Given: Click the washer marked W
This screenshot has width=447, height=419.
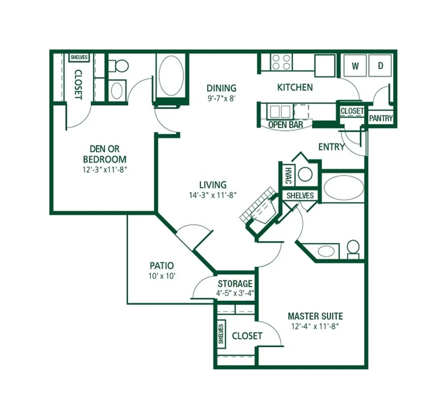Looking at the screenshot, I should click(x=355, y=66).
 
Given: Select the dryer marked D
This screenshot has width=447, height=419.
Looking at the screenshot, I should click(x=380, y=66).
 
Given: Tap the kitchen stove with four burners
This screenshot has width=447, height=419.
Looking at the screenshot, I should click(x=281, y=62).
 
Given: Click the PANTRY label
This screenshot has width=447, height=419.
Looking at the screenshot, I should click(x=381, y=118).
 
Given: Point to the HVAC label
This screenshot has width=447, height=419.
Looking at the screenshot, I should click(x=288, y=175).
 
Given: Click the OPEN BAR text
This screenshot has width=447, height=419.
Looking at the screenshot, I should click(x=285, y=125).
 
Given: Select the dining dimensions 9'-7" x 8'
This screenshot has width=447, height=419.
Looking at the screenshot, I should click(x=222, y=98).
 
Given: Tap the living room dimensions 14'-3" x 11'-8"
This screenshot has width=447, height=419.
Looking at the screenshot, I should click(x=213, y=195).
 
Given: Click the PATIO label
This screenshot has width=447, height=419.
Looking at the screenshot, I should click(x=162, y=266).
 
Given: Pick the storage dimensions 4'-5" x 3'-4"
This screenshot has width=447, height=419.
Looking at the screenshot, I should click(x=235, y=293).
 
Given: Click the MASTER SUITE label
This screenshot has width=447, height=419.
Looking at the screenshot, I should click(x=315, y=316).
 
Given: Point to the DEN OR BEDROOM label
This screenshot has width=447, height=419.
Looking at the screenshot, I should click(x=104, y=154).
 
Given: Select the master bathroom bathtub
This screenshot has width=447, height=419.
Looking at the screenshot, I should click(x=344, y=188).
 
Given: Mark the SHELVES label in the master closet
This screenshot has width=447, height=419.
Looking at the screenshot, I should click(x=221, y=334).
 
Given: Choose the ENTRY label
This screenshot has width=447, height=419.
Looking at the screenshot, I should click(x=331, y=147).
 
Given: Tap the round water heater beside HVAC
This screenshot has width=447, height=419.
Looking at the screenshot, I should click(x=305, y=175).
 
